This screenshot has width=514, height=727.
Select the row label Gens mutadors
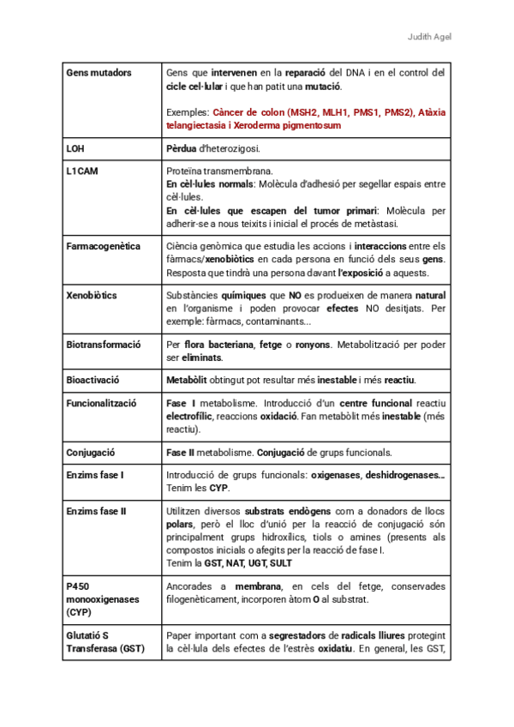click(99, 73)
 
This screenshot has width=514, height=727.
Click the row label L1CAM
click(82, 171)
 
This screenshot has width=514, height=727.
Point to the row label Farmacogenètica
click(103, 247)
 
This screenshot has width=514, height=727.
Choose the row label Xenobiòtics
click(92, 295)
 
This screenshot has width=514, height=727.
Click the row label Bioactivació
click(93, 380)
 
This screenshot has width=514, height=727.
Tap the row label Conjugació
click(90, 452)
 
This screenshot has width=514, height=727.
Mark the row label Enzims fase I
click(95, 475)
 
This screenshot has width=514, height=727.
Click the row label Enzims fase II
click(96, 512)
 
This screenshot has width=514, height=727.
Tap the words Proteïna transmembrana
click(220, 171)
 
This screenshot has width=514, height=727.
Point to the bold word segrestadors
click(306, 635)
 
